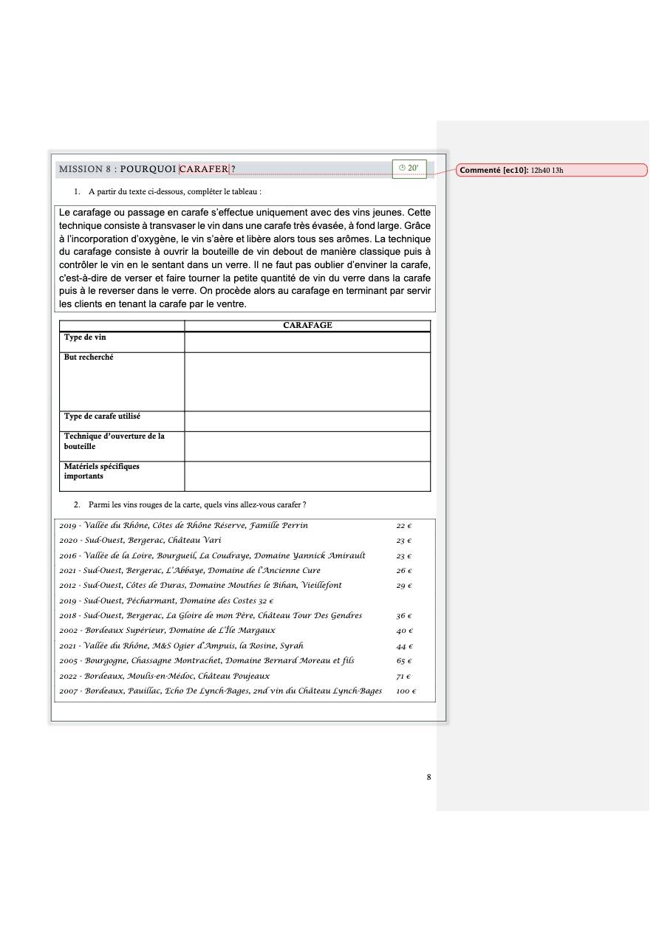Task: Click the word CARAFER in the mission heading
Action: pyautogui.click(x=204, y=169)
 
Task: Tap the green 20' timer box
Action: pyautogui.click(x=409, y=168)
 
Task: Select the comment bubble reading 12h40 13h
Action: pyautogui.click(x=551, y=171)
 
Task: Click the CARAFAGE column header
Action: pyautogui.click(x=307, y=325)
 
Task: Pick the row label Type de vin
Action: pyautogui.click(x=85, y=337)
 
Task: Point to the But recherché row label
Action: pyautogui.click(x=89, y=357)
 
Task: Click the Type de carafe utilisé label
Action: pyautogui.click(x=102, y=417)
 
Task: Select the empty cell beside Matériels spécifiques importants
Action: pyautogui.click(x=307, y=476)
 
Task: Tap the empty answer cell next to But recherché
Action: pyautogui.click(x=307, y=382)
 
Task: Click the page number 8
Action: pyautogui.click(x=428, y=777)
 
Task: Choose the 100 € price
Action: pyautogui.click(x=406, y=691)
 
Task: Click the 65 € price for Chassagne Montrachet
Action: pyautogui.click(x=403, y=661)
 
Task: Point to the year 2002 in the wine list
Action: pyautogui.click(x=69, y=631)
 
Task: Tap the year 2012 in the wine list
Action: pyautogui.click(x=69, y=586)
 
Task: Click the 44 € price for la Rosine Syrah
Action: pyautogui.click(x=403, y=646)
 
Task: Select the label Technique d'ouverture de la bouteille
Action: pyautogui.click(x=114, y=442)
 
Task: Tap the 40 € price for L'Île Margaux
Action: pyautogui.click(x=404, y=631)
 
